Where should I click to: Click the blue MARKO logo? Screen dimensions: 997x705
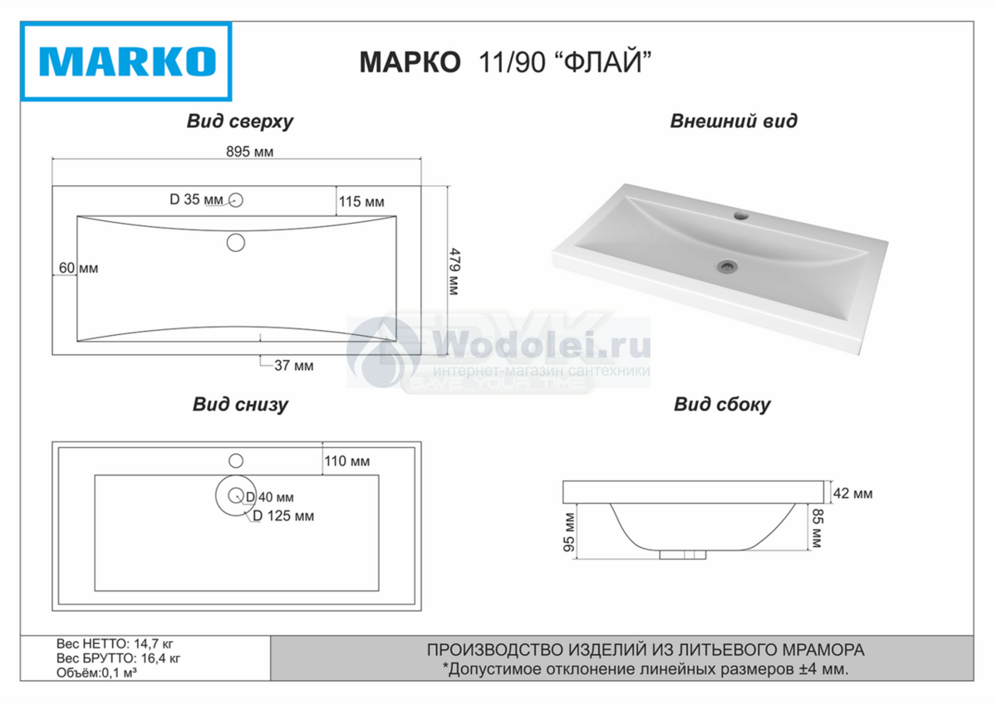[x=126, y=62]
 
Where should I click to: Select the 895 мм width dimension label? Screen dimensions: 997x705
[x=250, y=152]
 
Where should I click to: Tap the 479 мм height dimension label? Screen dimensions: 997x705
[x=454, y=272]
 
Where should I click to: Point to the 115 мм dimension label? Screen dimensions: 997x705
[x=361, y=202]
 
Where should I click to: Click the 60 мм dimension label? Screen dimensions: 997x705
[x=78, y=268]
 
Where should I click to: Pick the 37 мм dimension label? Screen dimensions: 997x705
[x=294, y=366]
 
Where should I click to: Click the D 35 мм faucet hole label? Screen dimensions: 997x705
[x=196, y=200]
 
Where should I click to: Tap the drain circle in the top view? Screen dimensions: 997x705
[x=236, y=243]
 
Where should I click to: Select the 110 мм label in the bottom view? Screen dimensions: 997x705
[x=346, y=461]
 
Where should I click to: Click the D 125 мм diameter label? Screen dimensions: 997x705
[x=283, y=515]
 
